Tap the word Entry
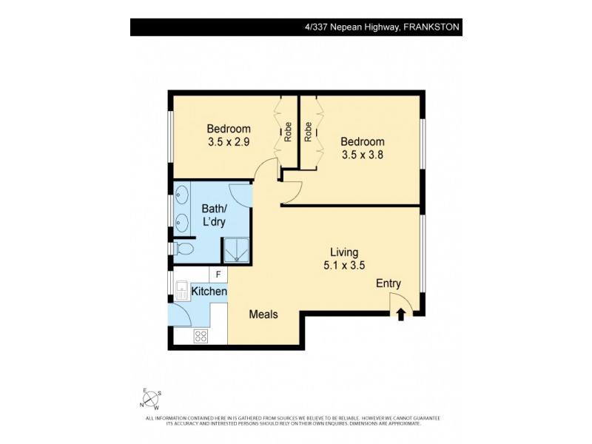click(x=388, y=283)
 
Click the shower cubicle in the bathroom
click(x=236, y=250)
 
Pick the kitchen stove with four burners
click(x=201, y=336)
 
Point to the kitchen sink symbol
click(x=181, y=288)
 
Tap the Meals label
click(x=263, y=314)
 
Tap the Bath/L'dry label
click(x=213, y=215)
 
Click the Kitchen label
click(x=209, y=292)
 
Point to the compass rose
click(x=150, y=400)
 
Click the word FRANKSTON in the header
click(x=431, y=27)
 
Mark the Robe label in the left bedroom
click(x=288, y=132)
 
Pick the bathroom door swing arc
click(x=240, y=194)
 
